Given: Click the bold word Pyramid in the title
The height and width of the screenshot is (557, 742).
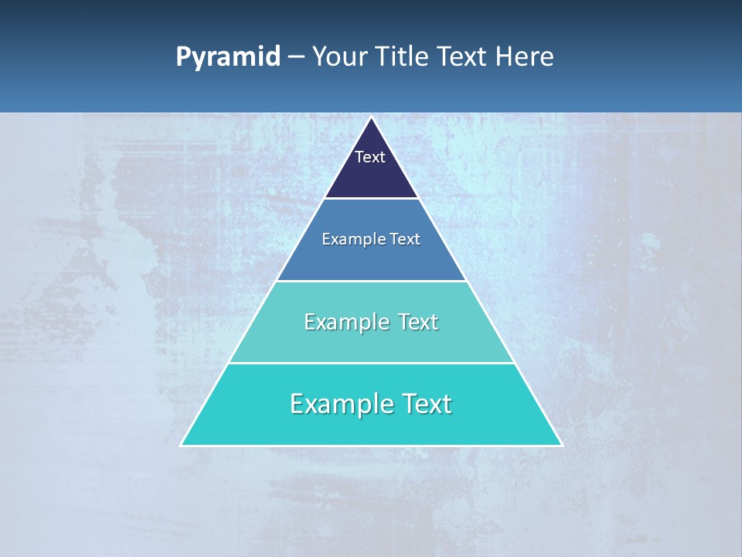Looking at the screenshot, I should point(227,57).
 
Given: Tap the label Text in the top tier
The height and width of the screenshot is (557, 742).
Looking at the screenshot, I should point(370,157).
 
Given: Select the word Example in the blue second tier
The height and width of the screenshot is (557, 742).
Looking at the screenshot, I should point(350,240).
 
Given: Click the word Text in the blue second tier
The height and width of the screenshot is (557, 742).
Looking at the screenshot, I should point(405,240).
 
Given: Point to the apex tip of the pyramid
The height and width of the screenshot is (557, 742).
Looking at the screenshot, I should point(371,118).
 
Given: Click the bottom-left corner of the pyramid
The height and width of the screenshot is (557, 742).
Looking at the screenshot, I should point(182,445).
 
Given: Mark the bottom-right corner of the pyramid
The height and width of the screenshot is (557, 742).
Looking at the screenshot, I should point(561,445).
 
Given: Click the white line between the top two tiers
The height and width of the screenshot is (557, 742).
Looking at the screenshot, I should point(371,199).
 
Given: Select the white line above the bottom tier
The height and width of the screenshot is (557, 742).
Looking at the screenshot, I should point(371,363).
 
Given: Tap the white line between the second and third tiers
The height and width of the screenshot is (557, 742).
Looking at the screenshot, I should point(371,281).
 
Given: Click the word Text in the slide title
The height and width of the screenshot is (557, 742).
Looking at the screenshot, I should point(463,57).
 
